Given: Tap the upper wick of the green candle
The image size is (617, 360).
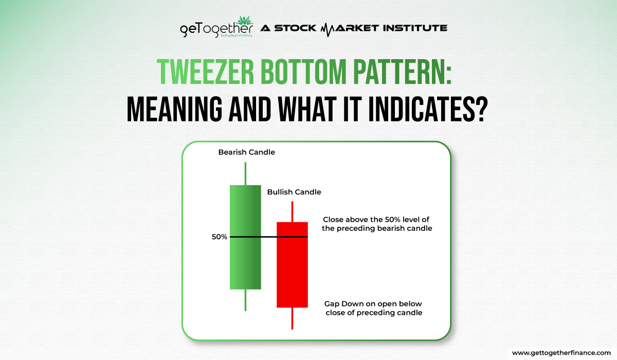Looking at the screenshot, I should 245,173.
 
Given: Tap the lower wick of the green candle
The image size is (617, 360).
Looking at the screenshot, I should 245,300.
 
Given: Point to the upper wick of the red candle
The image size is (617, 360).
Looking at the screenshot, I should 292,211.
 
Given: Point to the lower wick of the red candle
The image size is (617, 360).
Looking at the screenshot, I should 292,318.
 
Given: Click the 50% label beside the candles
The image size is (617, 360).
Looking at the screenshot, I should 219,237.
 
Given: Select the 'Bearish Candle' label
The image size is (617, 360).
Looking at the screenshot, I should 239,152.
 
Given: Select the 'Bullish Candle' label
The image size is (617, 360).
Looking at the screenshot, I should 294,192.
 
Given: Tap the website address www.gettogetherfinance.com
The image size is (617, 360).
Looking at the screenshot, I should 562,353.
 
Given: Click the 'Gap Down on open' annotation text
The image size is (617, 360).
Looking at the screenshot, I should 374,308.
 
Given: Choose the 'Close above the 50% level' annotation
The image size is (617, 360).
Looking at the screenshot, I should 376,223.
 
